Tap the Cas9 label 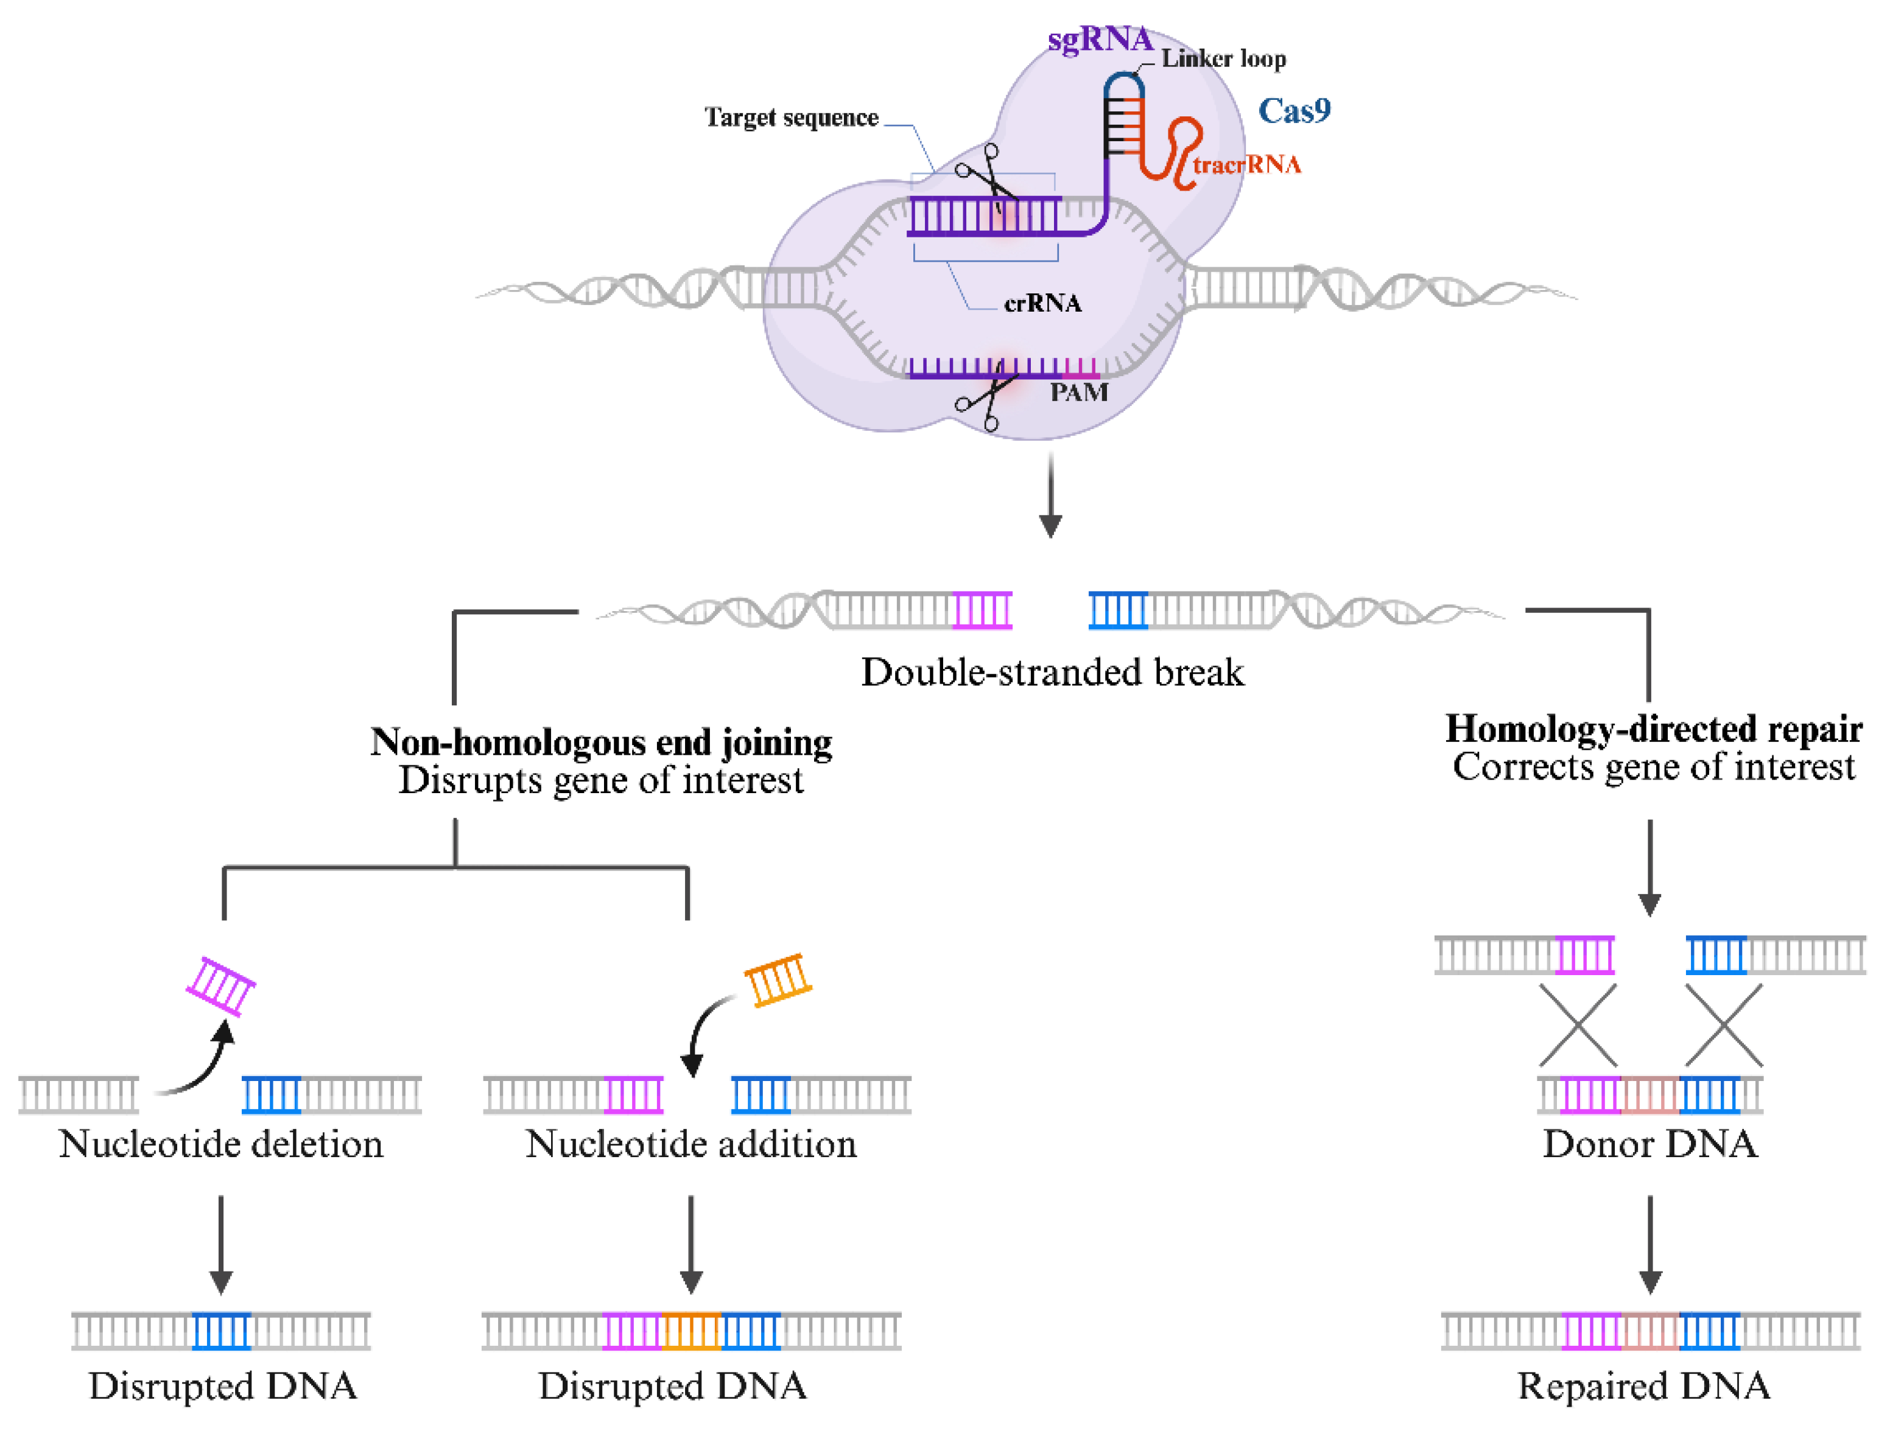click(1294, 111)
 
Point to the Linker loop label click(1223, 59)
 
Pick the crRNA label click(1042, 303)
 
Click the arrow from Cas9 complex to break click(1050, 495)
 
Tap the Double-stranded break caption click(1052, 673)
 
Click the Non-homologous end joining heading click(600, 743)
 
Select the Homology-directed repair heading click(1653, 729)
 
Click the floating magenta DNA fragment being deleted click(221, 986)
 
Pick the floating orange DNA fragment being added click(778, 980)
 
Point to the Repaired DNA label click(1643, 1386)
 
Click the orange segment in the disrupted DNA click(691, 1331)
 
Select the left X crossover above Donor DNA click(1578, 1025)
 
